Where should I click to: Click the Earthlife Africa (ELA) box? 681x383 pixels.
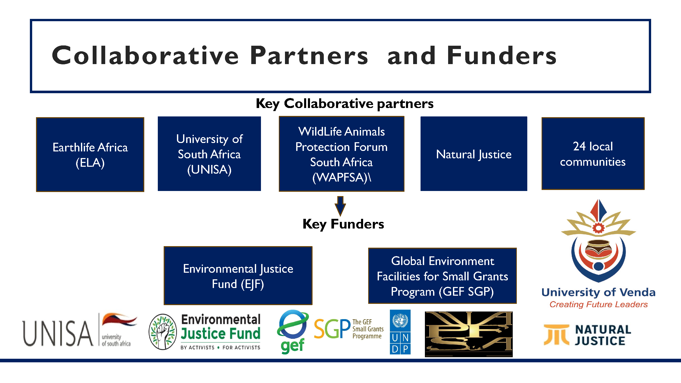(x=90, y=155)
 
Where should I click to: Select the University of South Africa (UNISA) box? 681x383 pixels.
(x=209, y=153)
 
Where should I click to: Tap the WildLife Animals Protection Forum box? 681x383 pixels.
(x=342, y=154)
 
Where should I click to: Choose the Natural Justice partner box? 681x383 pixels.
(x=474, y=153)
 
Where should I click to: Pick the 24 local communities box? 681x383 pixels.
(x=593, y=153)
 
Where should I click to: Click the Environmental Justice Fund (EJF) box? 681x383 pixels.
(x=238, y=276)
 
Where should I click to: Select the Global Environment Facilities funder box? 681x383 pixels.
(x=442, y=276)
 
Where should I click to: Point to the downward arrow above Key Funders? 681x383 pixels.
(x=340, y=206)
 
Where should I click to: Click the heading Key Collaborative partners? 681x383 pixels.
(x=344, y=103)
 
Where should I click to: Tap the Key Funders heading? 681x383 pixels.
(x=343, y=224)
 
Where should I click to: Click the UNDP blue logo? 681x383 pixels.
(x=400, y=332)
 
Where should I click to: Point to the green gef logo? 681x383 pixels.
(x=293, y=332)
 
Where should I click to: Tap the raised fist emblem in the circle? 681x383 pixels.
(x=163, y=332)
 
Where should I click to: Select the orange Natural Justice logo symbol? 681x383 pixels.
(x=556, y=335)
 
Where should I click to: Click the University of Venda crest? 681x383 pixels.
(x=599, y=241)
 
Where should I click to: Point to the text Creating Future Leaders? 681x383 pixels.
(x=599, y=305)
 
